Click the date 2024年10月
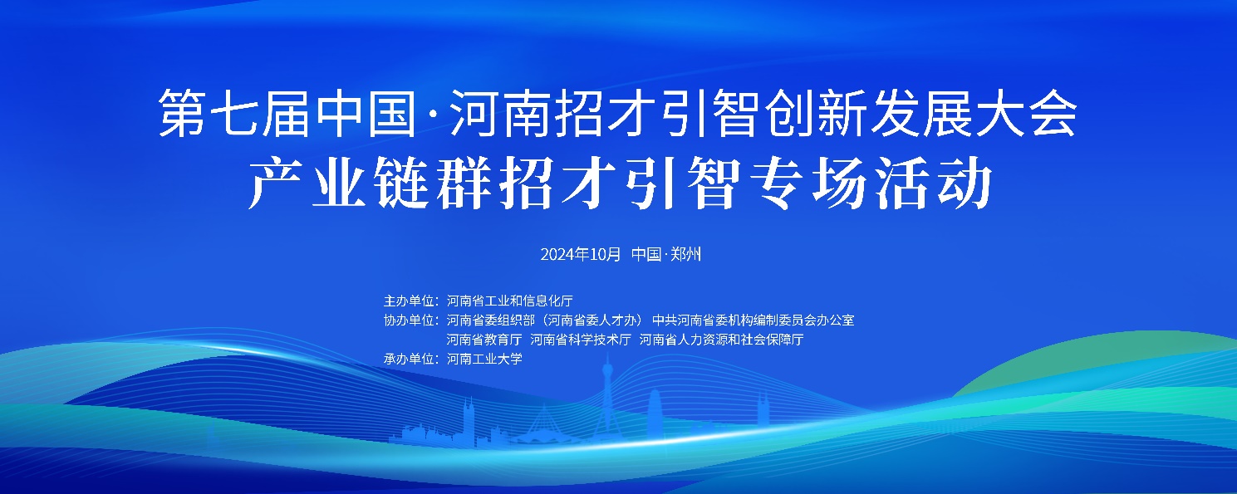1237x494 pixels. tap(581, 254)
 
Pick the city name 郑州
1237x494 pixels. tap(685, 254)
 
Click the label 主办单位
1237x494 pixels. tap(409, 301)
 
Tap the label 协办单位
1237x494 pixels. tap(409, 320)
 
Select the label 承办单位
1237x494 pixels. tap(409, 359)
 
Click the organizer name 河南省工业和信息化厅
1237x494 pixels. tap(510, 301)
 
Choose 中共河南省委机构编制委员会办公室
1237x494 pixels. tap(753, 320)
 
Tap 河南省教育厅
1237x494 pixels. tap(484, 340)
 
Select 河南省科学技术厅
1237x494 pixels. tap(581, 340)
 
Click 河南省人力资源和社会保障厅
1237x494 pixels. tap(721, 340)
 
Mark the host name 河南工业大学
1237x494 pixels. tap(484, 359)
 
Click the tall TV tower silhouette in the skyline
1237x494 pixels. tap(607, 398)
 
